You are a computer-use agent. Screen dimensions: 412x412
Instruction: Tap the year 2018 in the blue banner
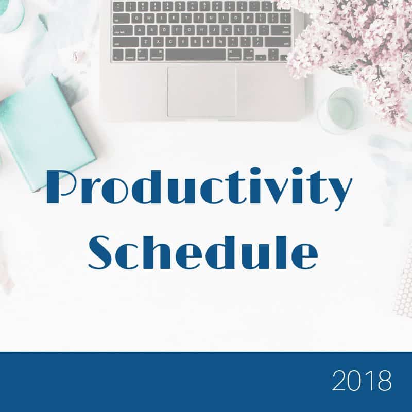361,382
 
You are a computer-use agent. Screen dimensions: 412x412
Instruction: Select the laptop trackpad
201,92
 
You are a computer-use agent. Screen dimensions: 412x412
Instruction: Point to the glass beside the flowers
340,109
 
